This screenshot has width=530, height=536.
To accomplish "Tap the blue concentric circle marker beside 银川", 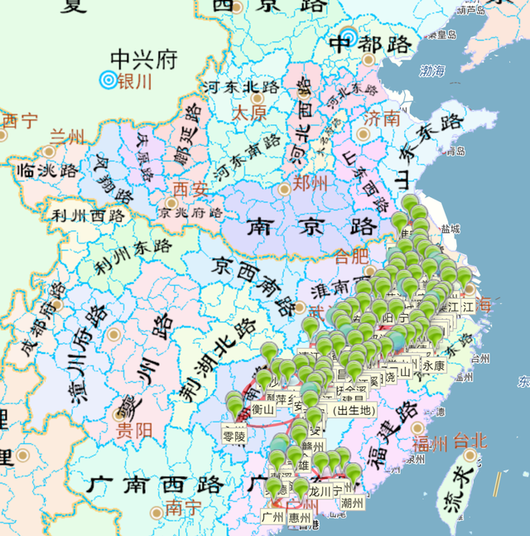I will [107, 80].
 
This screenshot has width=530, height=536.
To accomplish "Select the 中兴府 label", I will [144, 60].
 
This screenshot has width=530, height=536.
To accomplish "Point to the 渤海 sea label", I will [433, 71].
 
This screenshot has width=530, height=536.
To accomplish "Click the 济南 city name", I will [382, 118].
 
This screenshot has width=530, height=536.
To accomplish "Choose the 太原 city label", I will [248, 112].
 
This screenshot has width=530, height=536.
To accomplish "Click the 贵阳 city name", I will [133, 430].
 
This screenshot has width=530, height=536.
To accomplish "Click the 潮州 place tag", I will [352, 502].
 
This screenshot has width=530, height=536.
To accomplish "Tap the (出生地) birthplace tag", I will [351, 409].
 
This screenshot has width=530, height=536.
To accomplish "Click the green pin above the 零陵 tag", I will [235, 405].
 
